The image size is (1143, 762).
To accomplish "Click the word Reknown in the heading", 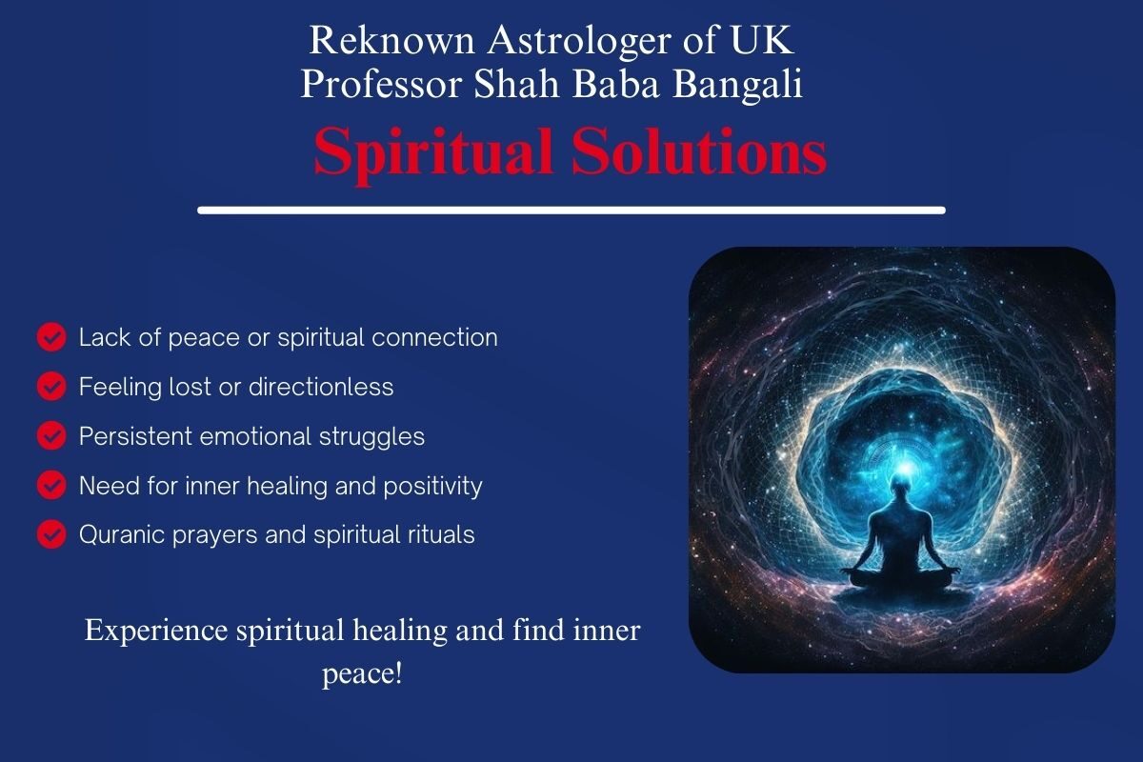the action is tap(391, 40).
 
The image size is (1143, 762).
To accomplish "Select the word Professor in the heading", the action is tap(381, 85).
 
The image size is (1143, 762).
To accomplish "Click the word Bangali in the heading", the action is tap(737, 85).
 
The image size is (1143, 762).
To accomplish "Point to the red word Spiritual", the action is tap(433, 153).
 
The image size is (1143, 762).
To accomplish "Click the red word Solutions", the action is tap(699, 152).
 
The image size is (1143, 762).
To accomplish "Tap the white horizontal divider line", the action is tap(571, 211).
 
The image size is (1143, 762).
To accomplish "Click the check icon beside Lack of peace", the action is tap(51, 337).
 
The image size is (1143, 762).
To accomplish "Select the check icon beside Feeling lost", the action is tap(51, 387).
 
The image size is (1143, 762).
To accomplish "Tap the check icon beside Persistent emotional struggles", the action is tap(51, 435).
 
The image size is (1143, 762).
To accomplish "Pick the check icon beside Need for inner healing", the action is tap(51, 485).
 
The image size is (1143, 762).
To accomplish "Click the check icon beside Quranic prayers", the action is tap(51, 534).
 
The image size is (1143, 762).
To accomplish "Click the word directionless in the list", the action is tap(321, 387).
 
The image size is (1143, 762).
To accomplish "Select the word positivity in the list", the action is tap(432, 487).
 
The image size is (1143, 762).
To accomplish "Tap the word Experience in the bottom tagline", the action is tap(156, 631).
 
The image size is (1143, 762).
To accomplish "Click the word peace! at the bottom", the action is tap(362, 673).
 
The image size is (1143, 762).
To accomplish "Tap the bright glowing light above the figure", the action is tap(905, 467).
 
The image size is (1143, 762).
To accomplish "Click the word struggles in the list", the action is tap(372, 437).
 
